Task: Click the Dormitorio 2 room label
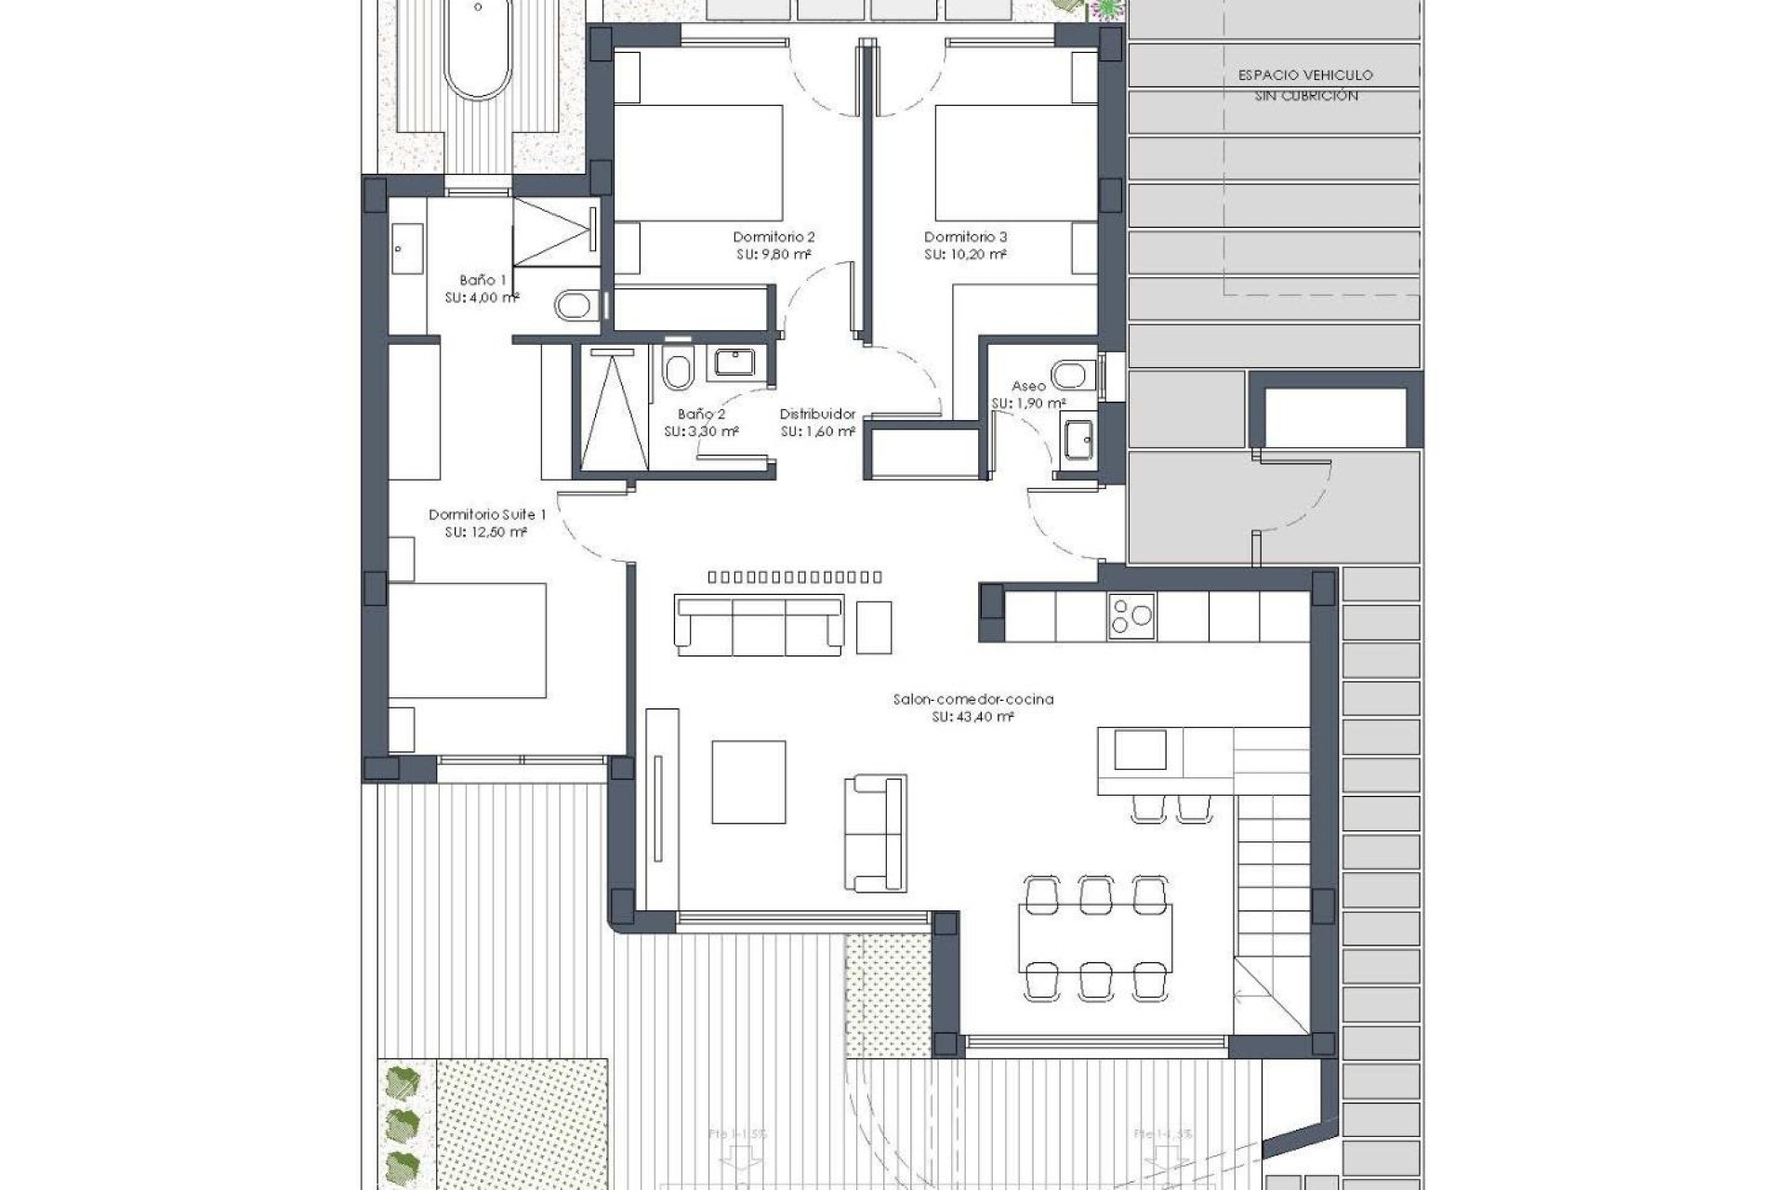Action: [773, 237]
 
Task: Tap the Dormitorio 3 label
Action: [965, 237]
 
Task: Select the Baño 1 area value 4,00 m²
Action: [482, 298]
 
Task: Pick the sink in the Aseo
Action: [1079, 440]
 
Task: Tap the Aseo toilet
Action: [1075, 374]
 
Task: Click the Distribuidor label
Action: [817, 415]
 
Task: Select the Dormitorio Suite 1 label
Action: [487, 514]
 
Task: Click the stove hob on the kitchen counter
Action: [1131, 616]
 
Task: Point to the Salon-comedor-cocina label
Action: [972, 699]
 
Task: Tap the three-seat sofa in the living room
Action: [760, 626]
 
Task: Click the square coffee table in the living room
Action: [748, 782]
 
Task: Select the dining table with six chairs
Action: [1095, 936]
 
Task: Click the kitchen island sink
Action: [1140, 749]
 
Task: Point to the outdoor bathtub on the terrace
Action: [478, 51]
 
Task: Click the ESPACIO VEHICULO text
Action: [1305, 75]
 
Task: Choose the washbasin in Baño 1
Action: [406, 248]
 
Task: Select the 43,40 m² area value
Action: [972, 718]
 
